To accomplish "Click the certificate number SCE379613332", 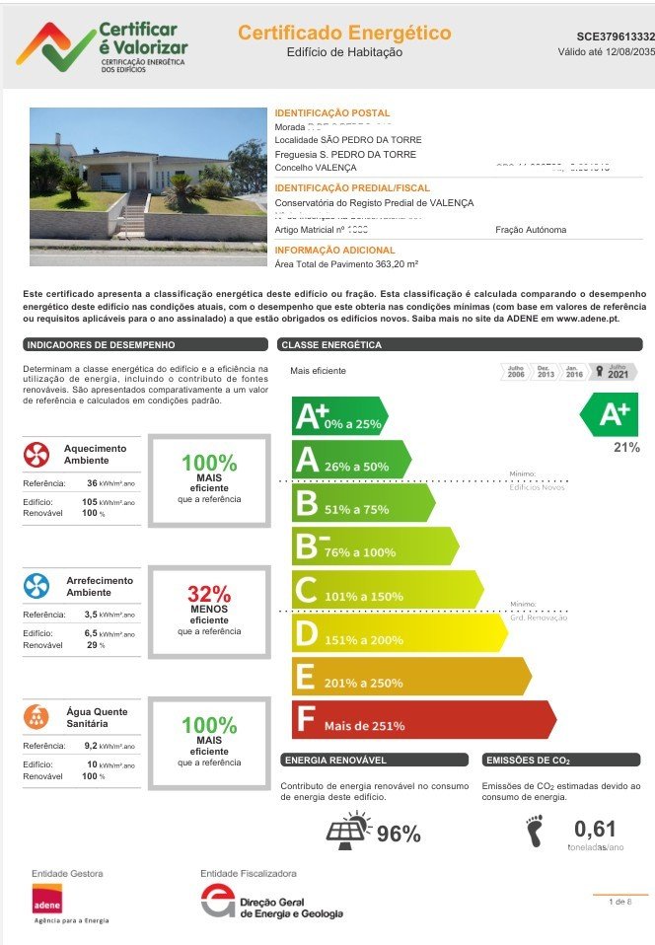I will click(616, 36).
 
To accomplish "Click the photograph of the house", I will click(148, 185).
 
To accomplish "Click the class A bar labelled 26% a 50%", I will click(349, 460).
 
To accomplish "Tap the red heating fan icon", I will click(36, 455).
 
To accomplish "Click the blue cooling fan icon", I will click(36, 586).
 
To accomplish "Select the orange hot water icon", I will click(36, 717).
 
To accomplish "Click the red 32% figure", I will click(209, 595).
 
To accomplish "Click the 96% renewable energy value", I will click(399, 834).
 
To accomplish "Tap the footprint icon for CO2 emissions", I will click(534, 831).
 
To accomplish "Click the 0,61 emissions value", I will click(595, 829).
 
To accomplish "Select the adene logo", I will click(46, 900).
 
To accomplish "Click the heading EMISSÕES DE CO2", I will click(528, 761).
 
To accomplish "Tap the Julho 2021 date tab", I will click(617, 372).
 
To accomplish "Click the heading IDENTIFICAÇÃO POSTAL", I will click(331, 113).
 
